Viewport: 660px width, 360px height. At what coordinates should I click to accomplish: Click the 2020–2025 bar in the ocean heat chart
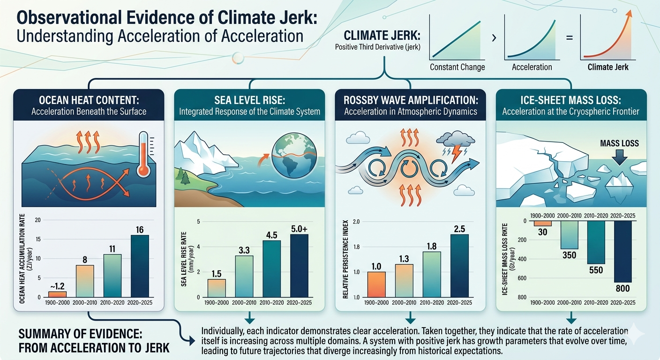140,266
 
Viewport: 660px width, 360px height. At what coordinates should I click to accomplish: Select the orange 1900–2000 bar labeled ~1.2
58,294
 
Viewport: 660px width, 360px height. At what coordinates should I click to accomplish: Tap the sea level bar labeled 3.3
244,277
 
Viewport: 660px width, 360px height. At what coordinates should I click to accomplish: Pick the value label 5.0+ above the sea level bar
299,229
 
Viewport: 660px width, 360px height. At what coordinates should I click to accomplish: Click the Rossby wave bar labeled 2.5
460,266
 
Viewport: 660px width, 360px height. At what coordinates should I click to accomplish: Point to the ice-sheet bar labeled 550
596,242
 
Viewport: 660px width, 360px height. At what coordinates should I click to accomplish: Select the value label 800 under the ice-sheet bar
622,288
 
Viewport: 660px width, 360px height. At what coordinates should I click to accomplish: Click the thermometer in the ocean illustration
144,154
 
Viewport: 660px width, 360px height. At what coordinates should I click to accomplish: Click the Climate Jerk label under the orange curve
608,67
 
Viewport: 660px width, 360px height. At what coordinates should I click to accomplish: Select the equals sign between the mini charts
570,37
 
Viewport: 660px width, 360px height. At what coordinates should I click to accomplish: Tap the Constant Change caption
457,67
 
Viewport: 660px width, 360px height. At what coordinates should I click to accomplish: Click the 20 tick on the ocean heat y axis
37,220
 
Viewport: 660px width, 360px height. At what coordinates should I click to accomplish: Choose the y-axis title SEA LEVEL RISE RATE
184,259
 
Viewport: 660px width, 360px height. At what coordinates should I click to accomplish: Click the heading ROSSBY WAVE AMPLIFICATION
411,100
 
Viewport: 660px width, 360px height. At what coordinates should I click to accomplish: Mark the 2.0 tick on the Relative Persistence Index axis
356,222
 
